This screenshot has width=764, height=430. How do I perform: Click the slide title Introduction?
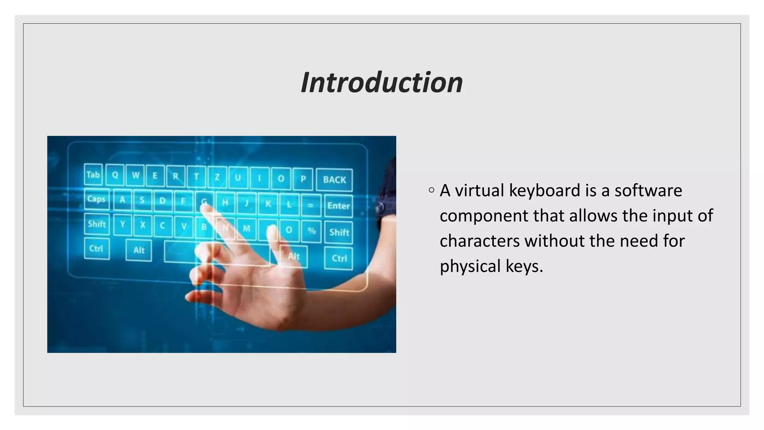(382, 82)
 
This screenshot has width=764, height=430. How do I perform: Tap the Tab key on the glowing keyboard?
(93, 175)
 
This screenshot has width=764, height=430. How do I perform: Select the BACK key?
(334, 180)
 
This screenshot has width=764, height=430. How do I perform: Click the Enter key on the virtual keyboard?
(338, 206)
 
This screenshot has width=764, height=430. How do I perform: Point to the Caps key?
(96, 199)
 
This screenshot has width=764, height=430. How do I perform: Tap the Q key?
(115, 175)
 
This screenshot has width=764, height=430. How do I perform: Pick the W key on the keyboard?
(135, 175)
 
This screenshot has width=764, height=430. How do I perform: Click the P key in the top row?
(303, 179)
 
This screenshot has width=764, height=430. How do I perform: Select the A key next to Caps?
(122, 200)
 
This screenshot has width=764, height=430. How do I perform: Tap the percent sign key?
(311, 231)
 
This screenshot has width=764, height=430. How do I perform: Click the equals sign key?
(310, 205)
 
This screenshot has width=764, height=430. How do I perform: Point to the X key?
(143, 225)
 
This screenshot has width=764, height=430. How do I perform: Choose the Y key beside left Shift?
(122, 224)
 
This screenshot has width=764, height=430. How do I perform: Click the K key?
(268, 204)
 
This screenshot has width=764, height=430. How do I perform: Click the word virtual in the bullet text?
(479, 190)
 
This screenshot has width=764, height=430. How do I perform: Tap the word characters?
(479, 241)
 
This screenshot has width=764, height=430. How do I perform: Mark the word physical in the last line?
(470, 266)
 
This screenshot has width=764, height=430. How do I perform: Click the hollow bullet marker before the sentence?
(432, 190)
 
